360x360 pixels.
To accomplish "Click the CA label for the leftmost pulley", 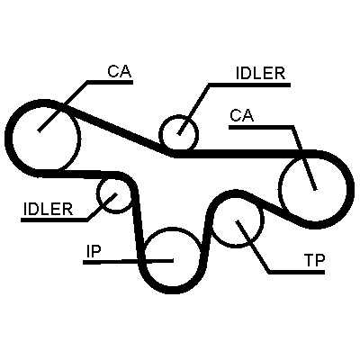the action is pyautogui.click(x=120, y=71).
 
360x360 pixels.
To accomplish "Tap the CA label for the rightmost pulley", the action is pyautogui.click(x=241, y=115).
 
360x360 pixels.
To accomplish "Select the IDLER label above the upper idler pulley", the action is pyautogui.click(x=260, y=73).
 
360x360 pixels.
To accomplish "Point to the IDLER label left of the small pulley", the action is pyautogui.click(x=48, y=209).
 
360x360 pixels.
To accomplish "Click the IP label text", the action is pyautogui.click(x=93, y=251).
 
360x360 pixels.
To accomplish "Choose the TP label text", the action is pyautogui.click(x=314, y=261).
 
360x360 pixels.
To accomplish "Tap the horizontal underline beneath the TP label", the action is pyautogui.click(x=297, y=272).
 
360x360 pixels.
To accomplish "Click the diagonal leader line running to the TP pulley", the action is pyautogui.click(x=253, y=247).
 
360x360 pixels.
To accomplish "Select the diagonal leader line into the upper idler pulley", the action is pyautogui.click(x=193, y=109).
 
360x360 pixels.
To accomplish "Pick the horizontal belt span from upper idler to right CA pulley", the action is pyautogui.click(x=245, y=153).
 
